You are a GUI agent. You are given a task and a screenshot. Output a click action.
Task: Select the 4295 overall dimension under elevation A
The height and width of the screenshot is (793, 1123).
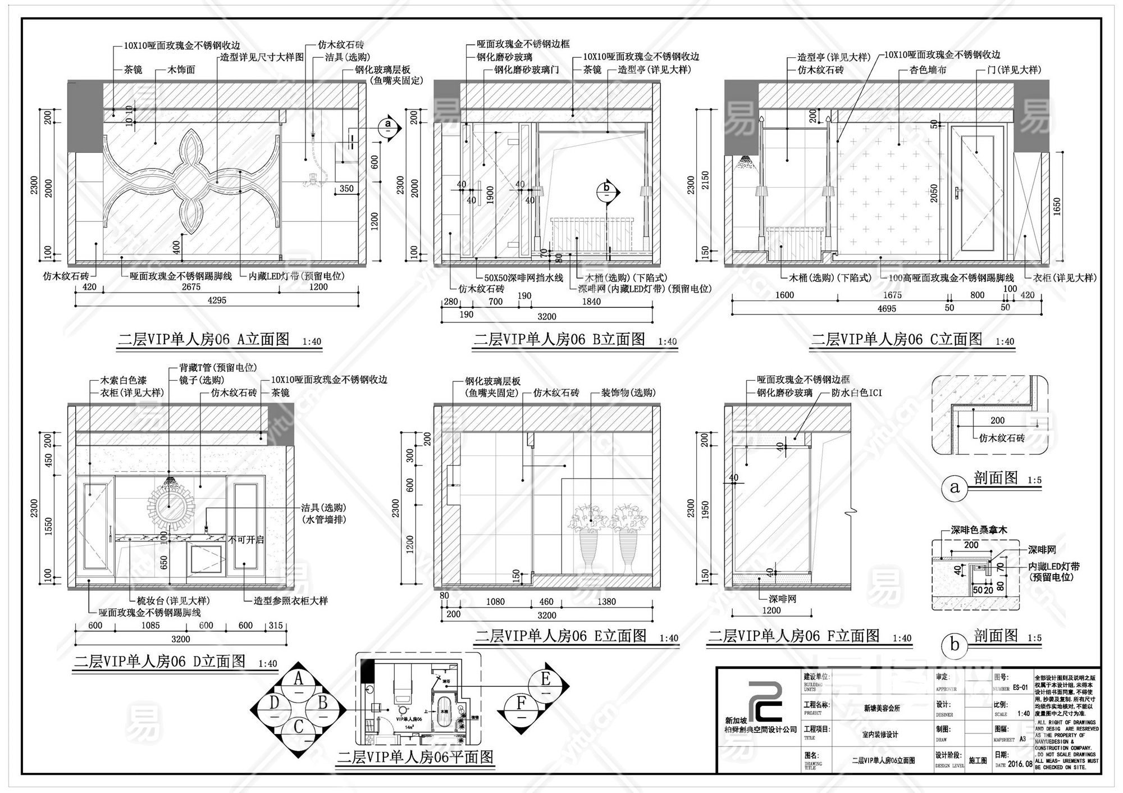coord(217,300)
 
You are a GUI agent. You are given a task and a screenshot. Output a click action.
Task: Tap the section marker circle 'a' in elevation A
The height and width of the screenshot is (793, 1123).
coord(387,128)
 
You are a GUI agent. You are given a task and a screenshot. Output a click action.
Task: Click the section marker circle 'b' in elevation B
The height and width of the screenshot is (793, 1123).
coord(606,192)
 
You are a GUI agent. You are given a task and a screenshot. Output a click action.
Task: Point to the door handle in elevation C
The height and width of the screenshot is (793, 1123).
coord(956,194)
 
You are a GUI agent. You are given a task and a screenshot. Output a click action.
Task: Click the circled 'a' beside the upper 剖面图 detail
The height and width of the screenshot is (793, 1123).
coord(955,487)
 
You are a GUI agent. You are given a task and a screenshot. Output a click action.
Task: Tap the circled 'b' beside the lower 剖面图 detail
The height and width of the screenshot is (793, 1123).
coord(955,645)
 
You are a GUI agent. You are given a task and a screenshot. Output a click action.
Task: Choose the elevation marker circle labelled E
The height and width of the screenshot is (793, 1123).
coord(545,680)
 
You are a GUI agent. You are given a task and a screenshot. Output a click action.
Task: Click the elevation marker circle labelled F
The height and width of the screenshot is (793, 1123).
coord(522,704)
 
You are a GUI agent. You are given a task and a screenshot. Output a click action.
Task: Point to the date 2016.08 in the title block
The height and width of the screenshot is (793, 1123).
coord(1020,764)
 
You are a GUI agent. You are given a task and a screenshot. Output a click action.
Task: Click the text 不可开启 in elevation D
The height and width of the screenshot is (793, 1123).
coord(245,539)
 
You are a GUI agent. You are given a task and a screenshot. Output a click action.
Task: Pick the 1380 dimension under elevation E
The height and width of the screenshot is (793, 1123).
coord(606,601)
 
